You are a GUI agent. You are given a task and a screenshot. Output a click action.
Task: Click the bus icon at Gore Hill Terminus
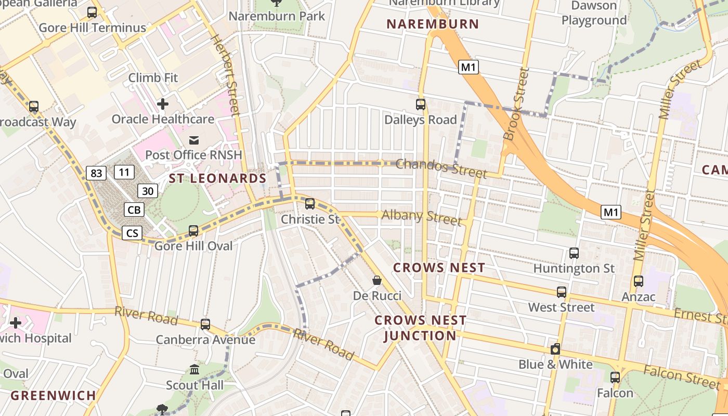pyautogui.click(x=92, y=12)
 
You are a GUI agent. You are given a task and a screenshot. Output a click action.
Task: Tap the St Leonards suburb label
pyautogui.click(x=217, y=178)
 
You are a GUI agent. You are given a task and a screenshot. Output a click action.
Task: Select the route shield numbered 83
pyautogui.click(x=96, y=173)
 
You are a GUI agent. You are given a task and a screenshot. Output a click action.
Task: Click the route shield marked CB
pyautogui.click(x=134, y=210)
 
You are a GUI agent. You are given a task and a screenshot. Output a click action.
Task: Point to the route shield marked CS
pyautogui.click(x=132, y=232)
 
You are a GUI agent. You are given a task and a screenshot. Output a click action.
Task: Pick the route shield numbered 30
pyautogui.click(x=148, y=191)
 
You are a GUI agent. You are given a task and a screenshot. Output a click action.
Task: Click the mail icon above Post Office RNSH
pyautogui.click(x=194, y=140)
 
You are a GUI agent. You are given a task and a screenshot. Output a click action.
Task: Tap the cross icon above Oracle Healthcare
pyautogui.click(x=163, y=104)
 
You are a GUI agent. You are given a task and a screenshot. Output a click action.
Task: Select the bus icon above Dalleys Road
pyautogui.click(x=421, y=105)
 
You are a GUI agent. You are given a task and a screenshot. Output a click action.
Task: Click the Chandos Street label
pyautogui.click(x=441, y=168)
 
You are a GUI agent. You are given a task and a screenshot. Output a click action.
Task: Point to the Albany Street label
pyautogui.click(x=422, y=217)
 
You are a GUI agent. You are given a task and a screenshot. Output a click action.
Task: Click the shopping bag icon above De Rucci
pyautogui.click(x=377, y=281)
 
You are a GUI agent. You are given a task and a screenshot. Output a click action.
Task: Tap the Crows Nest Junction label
pyautogui.click(x=420, y=328)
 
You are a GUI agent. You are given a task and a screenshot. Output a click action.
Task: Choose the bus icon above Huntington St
pyautogui.click(x=574, y=253)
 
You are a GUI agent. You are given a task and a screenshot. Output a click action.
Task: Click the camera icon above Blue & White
pyautogui.click(x=555, y=349)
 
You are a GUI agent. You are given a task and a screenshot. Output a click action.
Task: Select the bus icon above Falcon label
pyautogui.click(x=615, y=378)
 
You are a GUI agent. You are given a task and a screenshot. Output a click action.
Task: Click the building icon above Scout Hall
pyautogui.click(x=194, y=370)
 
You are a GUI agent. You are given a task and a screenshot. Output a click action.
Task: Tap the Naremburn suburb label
pyautogui.click(x=433, y=24)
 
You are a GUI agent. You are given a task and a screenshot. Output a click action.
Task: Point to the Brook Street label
pyautogui.click(x=516, y=104)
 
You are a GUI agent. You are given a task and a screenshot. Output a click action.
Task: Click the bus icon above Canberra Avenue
pyautogui.click(x=205, y=324)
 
